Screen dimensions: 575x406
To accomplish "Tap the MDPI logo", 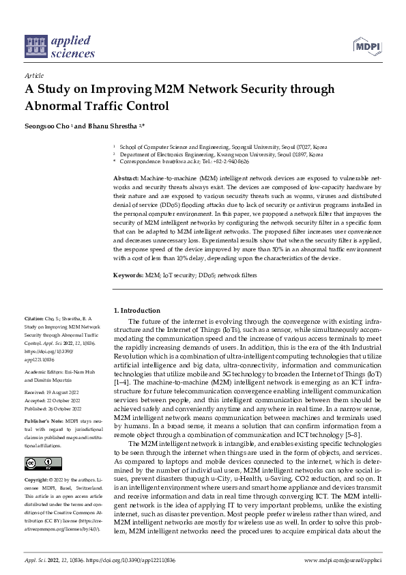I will [x=367, y=46].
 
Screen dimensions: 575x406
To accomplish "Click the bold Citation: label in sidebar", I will [x=34, y=319].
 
